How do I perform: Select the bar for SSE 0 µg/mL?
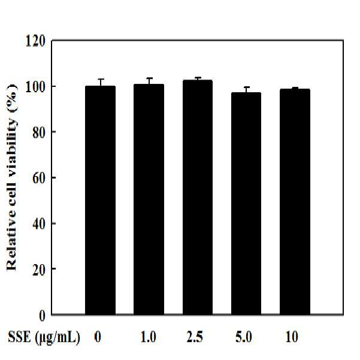pos(100,200)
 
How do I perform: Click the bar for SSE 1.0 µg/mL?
pos(149,199)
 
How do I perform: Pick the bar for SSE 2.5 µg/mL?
pos(198,197)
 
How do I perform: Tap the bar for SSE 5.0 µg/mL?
pos(246,204)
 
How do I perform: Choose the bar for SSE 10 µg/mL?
pos(295,202)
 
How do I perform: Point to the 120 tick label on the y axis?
pos(35,41)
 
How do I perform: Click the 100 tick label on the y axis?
pos(35,87)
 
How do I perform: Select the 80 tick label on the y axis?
pos(38,132)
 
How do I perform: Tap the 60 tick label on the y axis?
pos(38,178)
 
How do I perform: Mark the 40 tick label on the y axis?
pos(38,223)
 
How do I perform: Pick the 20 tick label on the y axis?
pos(38,270)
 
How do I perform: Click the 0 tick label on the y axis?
pos(43,316)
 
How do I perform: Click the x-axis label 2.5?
pos(195,337)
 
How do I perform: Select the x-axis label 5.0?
pos(244,337)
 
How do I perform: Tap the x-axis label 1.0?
pos(149,337)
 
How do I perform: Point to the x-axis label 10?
pos(292,337)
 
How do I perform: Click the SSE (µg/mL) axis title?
pos(44,337)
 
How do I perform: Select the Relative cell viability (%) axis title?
pos(11,177)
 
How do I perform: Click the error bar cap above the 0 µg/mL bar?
pos(101,79)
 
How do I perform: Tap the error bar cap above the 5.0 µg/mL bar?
pos(246,87)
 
